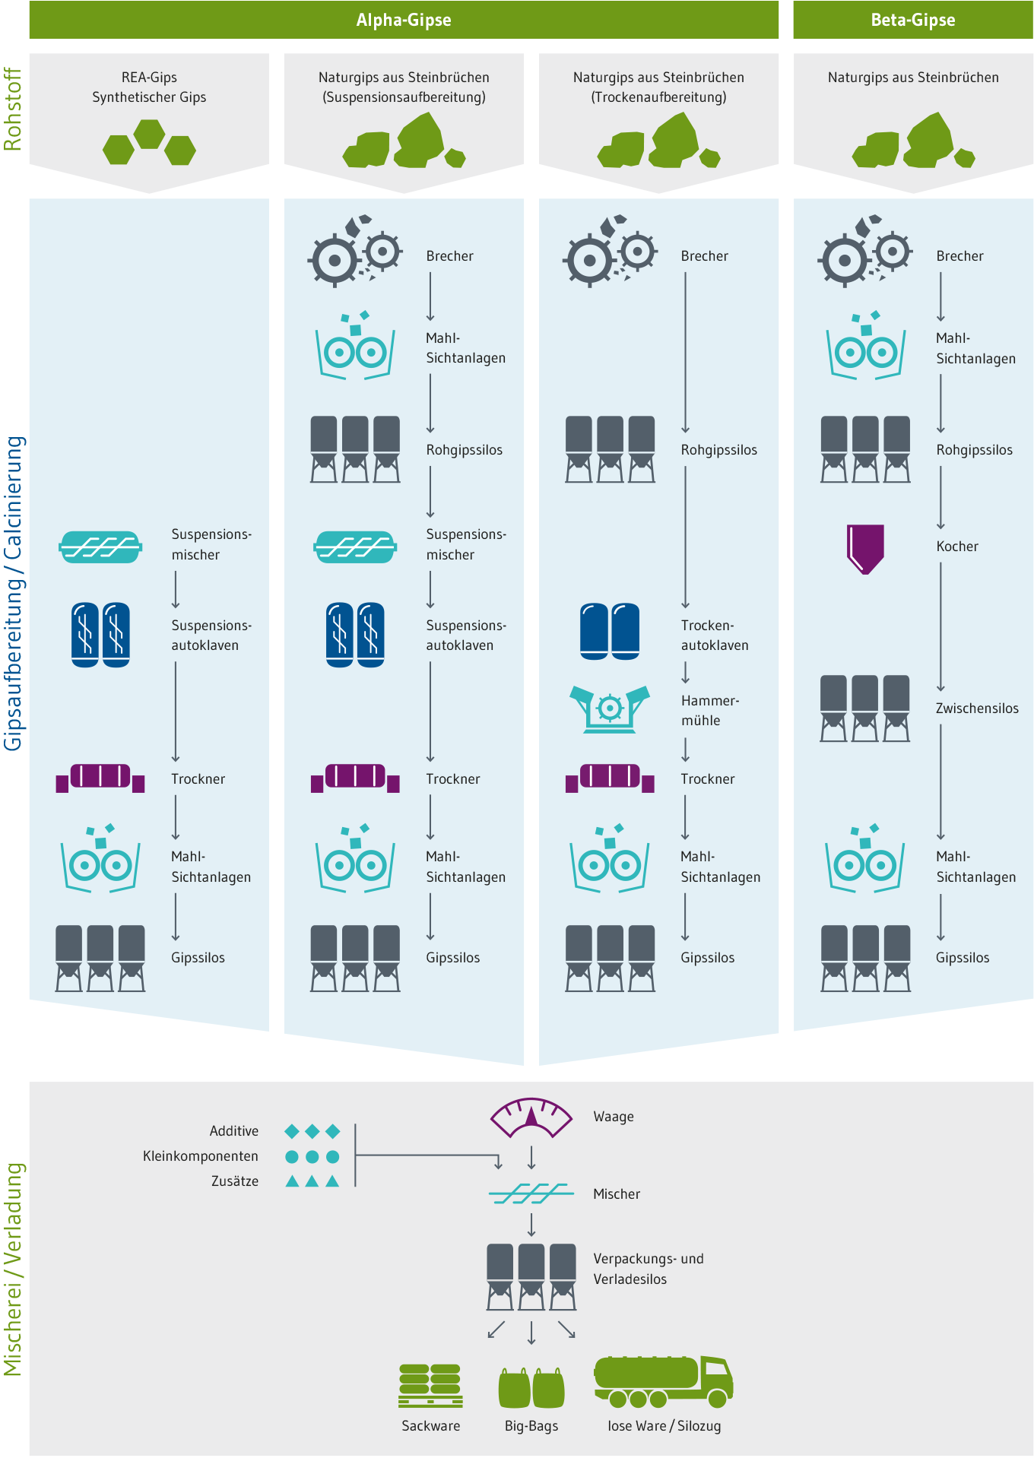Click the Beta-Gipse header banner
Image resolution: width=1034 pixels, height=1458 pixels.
[x=912, y=20]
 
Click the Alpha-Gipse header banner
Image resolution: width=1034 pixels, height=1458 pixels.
[x=404, y=20]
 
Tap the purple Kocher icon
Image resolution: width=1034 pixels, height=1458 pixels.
[x=865, y=548]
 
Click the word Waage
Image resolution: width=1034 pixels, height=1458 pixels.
[x=613, y=1117]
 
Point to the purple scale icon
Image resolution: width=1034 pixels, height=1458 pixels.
[x=531, y=1117]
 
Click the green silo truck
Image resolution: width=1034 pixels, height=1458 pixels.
[x=663, y=1380]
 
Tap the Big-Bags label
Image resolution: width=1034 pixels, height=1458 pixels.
[x=531, y=1426]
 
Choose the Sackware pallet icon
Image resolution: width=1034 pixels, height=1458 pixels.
[x=430, y=1385]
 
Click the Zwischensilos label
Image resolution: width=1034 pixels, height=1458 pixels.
[x=976, y=708]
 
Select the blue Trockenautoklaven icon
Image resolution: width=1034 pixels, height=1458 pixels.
[x=610, y=631]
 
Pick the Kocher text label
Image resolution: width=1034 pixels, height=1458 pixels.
[x=956, y=547]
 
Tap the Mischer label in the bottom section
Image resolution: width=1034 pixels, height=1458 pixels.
[x=616, y=1194]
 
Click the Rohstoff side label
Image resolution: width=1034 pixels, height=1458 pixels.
[x=13, y=109]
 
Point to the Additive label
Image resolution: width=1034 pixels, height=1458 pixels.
[x=233, y=1131]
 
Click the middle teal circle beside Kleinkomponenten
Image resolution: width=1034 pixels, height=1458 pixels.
[x=312, y=1156]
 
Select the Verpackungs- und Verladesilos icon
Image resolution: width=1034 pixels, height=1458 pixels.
[x=531, y=1276]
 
